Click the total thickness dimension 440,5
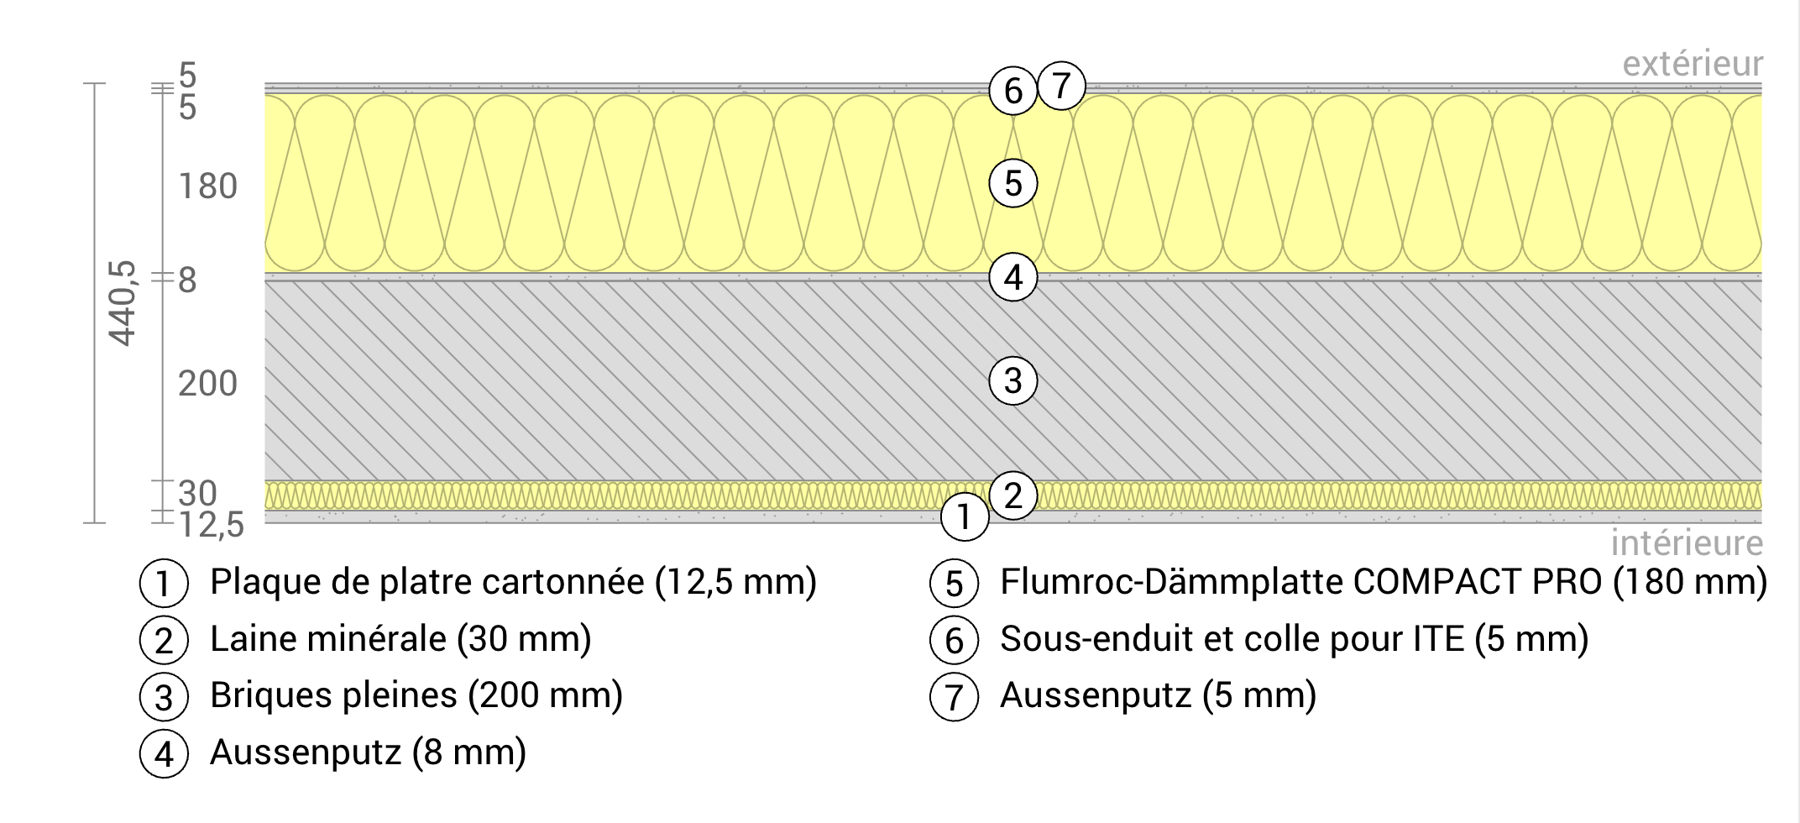123,303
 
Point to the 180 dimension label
207,186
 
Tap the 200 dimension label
207,384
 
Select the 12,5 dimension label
211,525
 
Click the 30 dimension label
197,493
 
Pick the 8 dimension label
187,280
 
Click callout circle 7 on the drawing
1061,86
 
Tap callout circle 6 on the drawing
1012,91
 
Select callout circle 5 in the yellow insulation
1012,183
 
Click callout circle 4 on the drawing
1012,277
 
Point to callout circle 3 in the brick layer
1012,381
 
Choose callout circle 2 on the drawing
1012,495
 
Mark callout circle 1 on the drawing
964,517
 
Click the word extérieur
1692,64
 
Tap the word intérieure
1686,543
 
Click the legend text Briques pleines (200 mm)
416,695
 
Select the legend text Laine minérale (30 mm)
400,639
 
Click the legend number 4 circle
164,753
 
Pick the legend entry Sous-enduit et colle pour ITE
1293,639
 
